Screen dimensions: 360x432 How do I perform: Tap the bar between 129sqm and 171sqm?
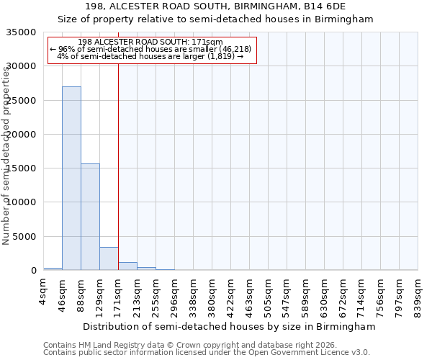[x=109, y=258]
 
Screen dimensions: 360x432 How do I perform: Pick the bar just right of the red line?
[x=127, y=266]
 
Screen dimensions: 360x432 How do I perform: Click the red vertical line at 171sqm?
[x=118, y=158]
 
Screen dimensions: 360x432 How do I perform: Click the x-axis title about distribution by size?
[x=230, y=327]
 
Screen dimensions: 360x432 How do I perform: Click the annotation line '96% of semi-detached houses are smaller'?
[x=150, y=49]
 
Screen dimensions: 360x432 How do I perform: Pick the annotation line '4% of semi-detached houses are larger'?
[x=150, y=56]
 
